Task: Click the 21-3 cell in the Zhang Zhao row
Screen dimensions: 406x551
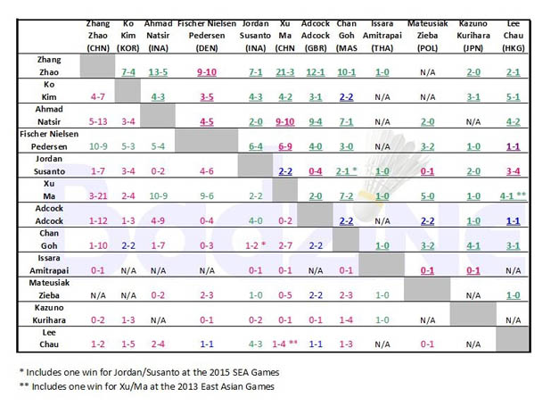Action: click(285, 70)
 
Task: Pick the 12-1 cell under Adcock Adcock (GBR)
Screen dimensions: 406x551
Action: click(315, 70)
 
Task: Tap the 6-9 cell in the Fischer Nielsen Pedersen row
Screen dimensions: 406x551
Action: click(285, 145)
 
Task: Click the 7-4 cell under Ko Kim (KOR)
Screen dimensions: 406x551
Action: click(128, 70)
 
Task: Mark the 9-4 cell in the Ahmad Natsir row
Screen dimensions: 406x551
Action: click(315, 120)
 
